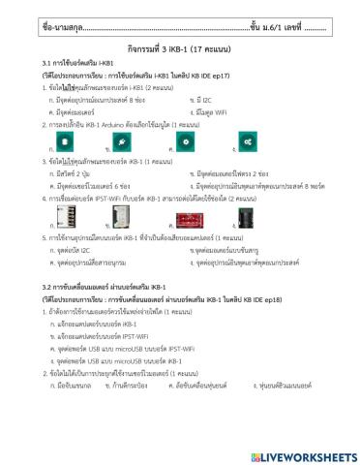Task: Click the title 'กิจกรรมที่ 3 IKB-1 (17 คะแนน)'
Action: [179, 48]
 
